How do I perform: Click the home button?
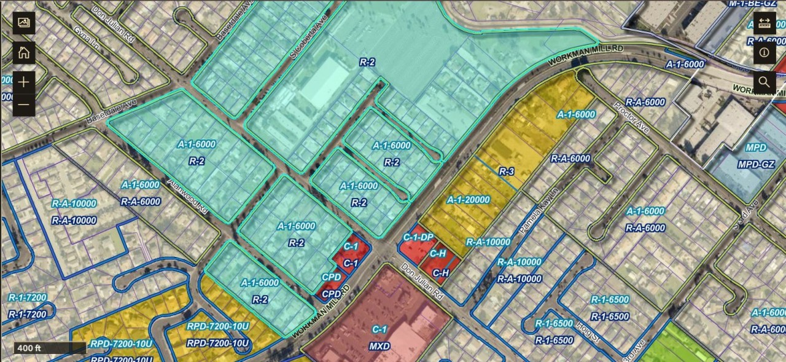[x=24, y=52]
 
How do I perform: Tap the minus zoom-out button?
[x=24, y=105]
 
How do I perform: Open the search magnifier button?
[x=765, y=82]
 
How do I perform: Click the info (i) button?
[x=765, y=52]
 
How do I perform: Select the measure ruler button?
[x=765, y=23]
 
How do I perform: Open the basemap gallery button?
[x=24, y=23]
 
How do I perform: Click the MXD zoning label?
[x=379, y=346]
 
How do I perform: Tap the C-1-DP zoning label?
[x=418, y=237]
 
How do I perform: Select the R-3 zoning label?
[x=506, y=171]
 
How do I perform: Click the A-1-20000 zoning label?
[x=468, y=200]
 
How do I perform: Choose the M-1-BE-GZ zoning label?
[x=752, y=4]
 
